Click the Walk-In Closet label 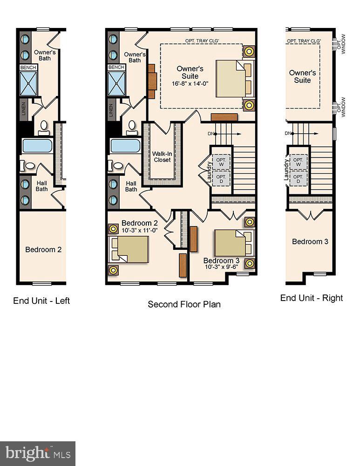(162, 156)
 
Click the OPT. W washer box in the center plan (220, 161)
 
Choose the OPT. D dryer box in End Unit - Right (298, 178)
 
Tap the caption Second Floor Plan (184, 304)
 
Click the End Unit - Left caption (41, 301)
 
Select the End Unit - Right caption (311, 298)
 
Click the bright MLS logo (38, 453)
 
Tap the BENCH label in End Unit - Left (26, 68)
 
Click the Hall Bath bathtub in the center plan (125, 145)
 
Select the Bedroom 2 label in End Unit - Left (43, 250)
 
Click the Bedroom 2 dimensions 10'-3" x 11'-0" (140, 230)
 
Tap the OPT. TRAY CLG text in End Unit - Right (303, 41)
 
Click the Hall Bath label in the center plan (131, 186)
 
